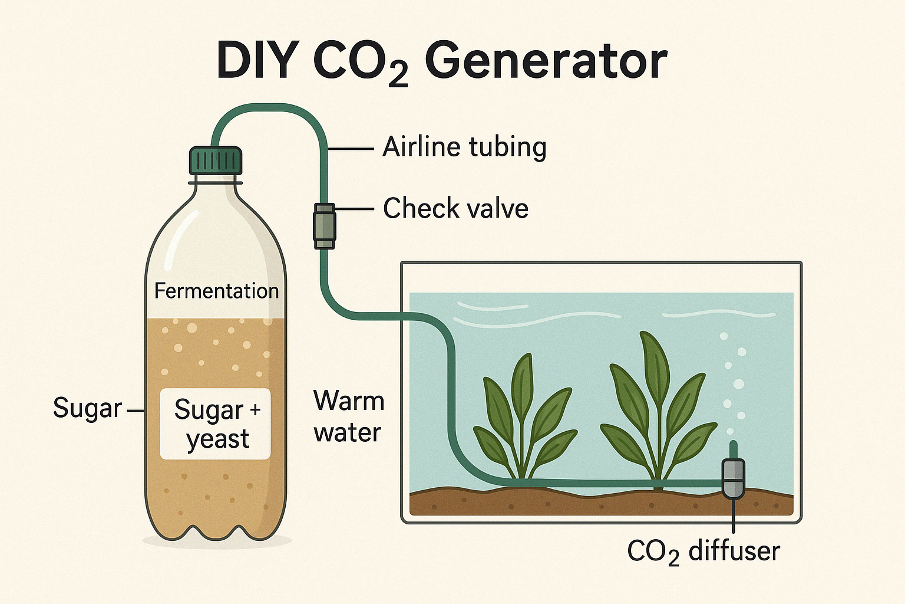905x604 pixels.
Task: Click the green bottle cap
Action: pyautogui.click(x=216, y=160)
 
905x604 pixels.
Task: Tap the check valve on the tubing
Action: pyautogui.click(x=323, y=226)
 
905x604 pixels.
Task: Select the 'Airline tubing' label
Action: pyautogui.click(x=464, y=147)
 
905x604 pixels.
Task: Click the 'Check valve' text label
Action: pyautogui.click(x=455, y=209)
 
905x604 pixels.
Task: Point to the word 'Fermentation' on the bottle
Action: pyautogui.click(x=216, y=291)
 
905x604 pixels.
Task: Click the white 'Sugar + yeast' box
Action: pyautogui.click(x=216, y=424)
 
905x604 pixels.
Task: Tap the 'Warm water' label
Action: pyautogui.click(x=349, y=416)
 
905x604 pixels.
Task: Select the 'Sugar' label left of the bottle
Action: pyautogui.click(x=87, y=409)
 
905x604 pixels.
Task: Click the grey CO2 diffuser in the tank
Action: pyautogui.click(x=733, y=478)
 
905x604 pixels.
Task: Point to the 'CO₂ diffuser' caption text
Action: pyautogui.click(x=703, y=552)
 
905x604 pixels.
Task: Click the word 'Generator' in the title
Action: pyautogui.click(x=546, y=61)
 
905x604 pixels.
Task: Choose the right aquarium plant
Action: pyautogui.click(x=657, y=407)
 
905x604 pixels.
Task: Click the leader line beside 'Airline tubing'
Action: pyautogui.click(x=351, y=149)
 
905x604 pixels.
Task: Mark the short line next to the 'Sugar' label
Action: pyautogui.click(x=135, y=410)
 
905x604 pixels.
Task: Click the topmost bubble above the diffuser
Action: pyautogui.click(x=724, y=336)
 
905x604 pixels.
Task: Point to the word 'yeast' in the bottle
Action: pyautogui.click(x=218, y=440)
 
